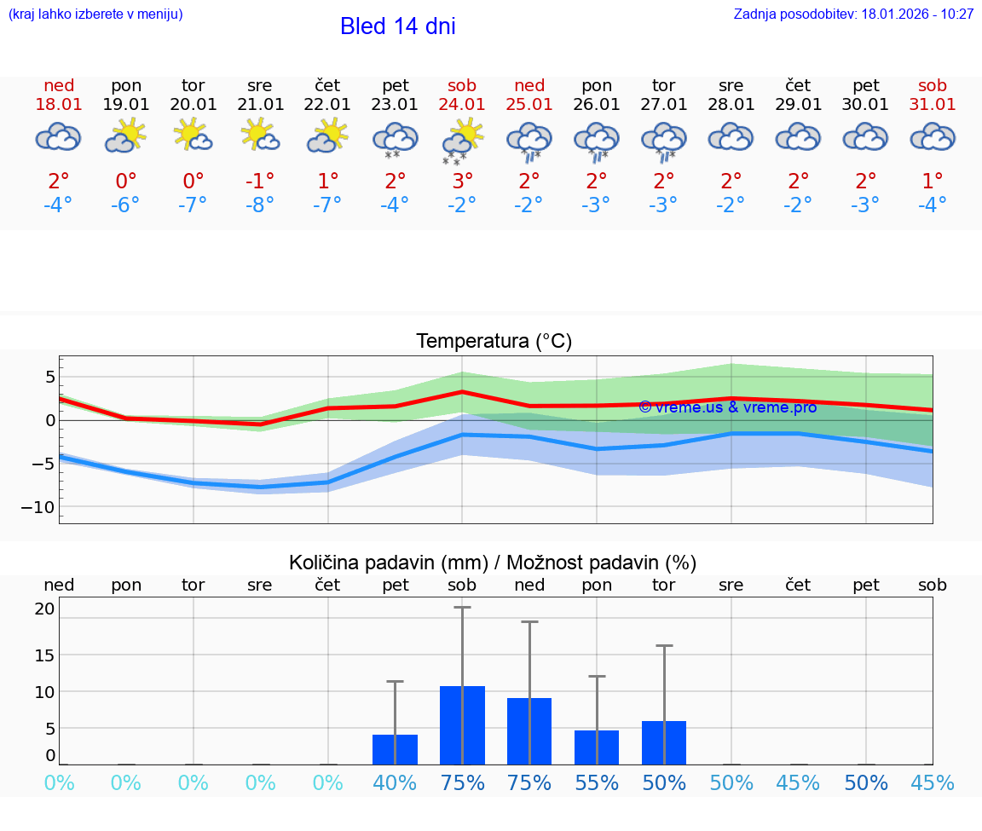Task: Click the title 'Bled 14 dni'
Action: pos(397,26)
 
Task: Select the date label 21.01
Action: pos(260,105)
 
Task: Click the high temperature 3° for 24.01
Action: pos(462,182)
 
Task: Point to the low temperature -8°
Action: pos(260,205)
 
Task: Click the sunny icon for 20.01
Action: pos(193,136)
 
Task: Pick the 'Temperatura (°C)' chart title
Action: pos(494,342)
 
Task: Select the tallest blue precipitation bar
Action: pos(462,724)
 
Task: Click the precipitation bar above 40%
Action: pos(395,749)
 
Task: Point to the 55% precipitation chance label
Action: pos(597,783)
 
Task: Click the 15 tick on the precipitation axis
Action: pos(44,655)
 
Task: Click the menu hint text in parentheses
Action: pos(95,14)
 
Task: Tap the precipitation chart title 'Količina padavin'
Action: pos(493,563)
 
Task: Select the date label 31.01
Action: pos(933,105)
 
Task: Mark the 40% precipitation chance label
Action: pos(395,783)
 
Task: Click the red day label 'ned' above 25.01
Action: pos(529,85)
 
